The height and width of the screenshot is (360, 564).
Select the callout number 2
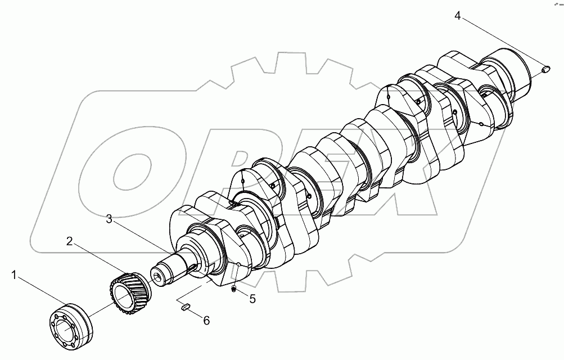tap(69, 241)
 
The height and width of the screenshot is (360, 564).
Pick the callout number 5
tap(252, 299)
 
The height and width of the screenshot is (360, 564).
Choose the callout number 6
tap(206, 321)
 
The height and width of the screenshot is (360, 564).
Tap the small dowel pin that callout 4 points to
tap(545, 69)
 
